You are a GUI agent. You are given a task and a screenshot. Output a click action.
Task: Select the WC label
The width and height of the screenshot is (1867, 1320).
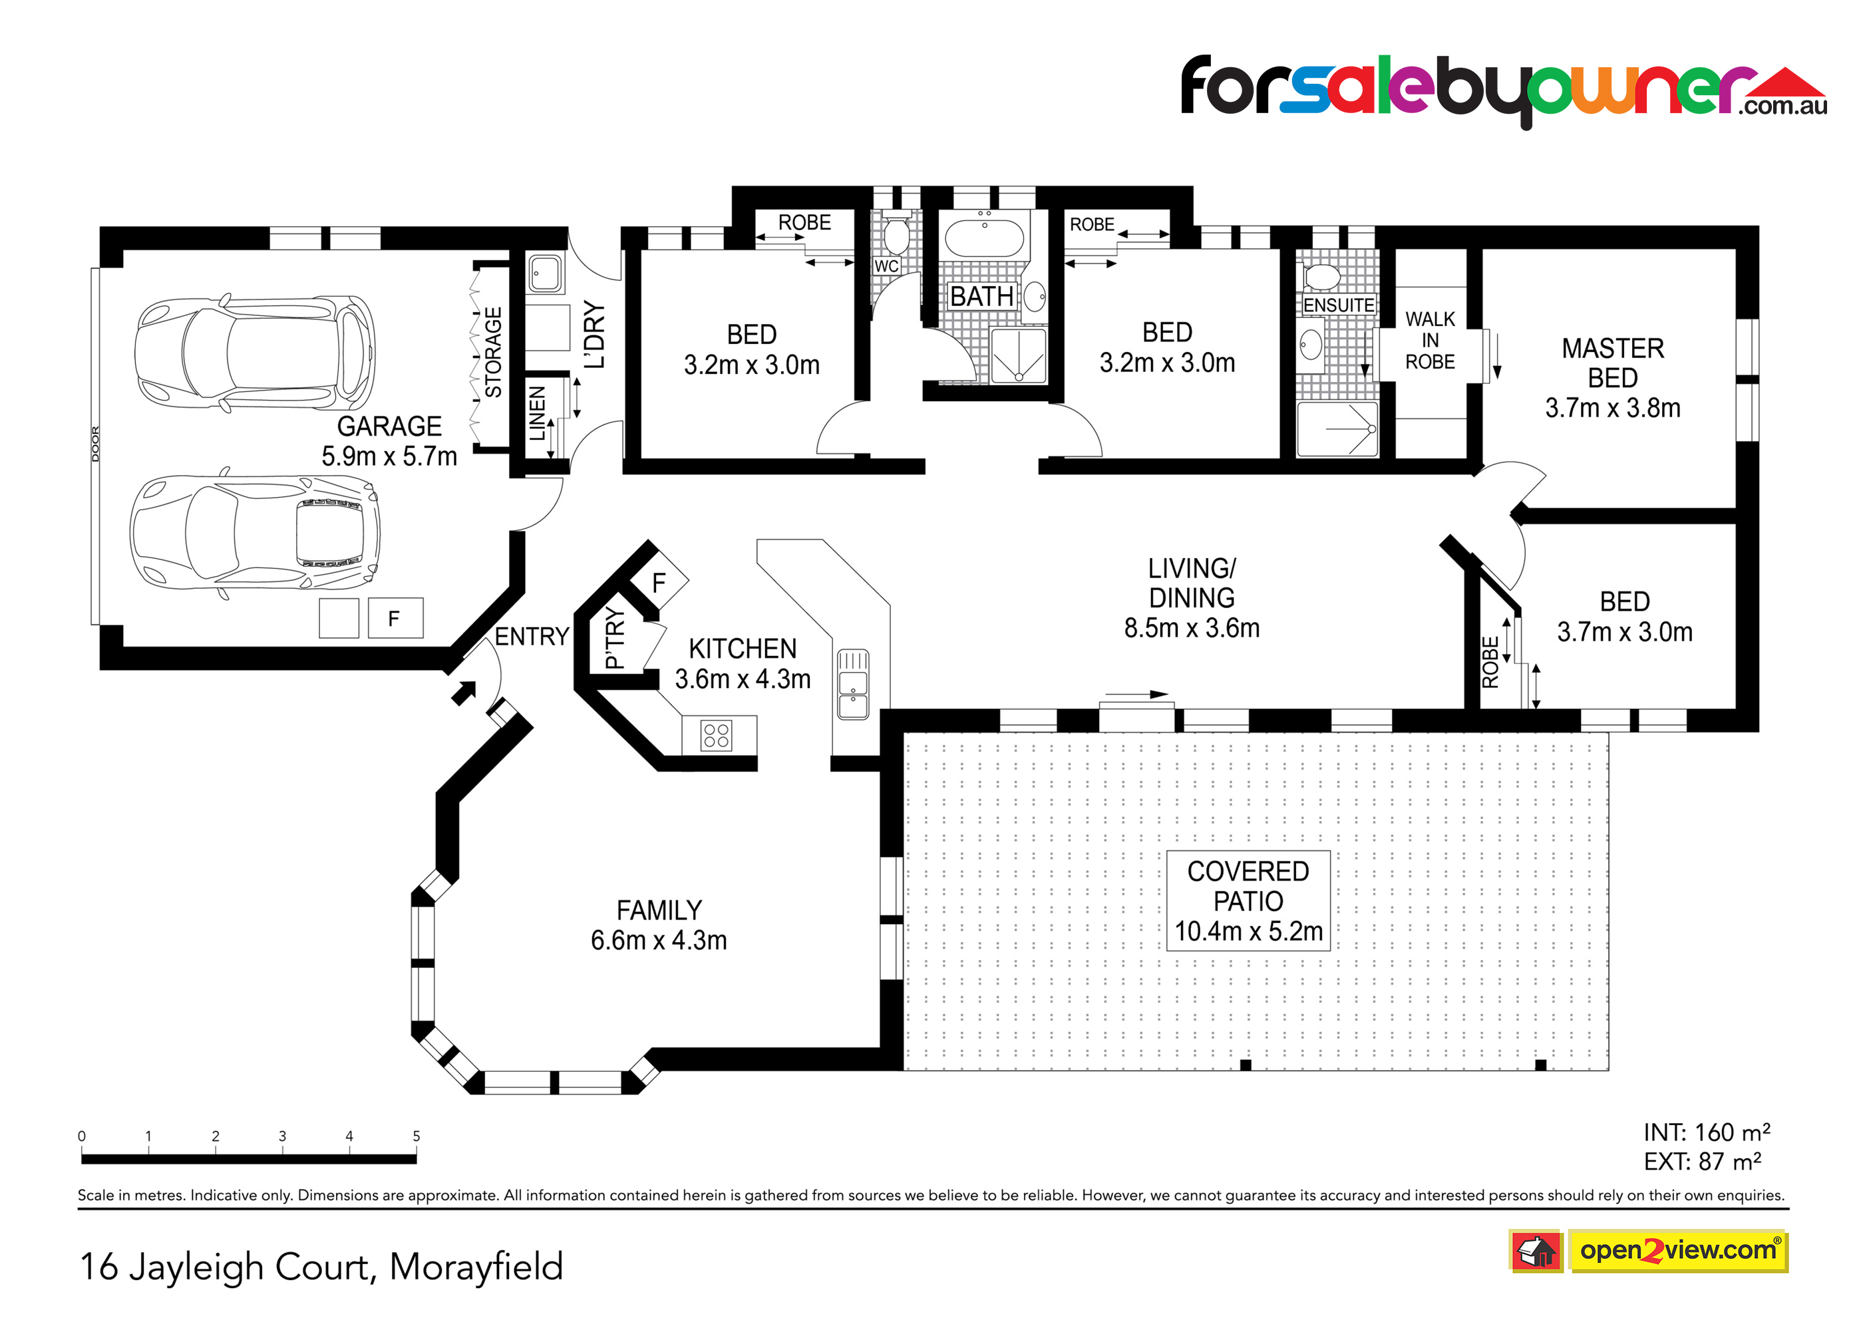tap(886, 266)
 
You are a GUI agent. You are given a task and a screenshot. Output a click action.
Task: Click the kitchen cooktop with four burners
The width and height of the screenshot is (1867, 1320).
tap(717, 736)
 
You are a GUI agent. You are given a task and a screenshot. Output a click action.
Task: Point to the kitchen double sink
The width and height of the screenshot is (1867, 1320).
tap(853, 684)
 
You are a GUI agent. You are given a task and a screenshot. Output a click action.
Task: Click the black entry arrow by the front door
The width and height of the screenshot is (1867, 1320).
tap(464, 692)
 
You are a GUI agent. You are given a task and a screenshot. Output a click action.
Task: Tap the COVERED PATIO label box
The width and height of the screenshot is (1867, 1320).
tap(1248, 900)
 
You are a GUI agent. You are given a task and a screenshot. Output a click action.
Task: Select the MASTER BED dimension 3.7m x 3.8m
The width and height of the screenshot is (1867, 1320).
tap(1612, 407)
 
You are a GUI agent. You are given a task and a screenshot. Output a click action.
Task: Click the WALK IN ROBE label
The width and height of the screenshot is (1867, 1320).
tap(1431, 340)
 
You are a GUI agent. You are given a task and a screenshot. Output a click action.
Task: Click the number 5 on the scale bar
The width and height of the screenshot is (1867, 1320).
tap(417, 1136)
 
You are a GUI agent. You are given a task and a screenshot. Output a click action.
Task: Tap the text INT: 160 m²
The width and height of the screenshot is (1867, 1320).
tap(1706, 1132)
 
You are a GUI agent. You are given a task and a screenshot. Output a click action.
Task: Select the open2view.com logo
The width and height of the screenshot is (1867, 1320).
tap(1678, 1250)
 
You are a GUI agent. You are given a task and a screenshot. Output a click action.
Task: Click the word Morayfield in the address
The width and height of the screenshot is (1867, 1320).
tap(476, 1266)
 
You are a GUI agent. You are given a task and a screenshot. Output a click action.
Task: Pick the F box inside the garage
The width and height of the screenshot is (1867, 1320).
tap(395, 618)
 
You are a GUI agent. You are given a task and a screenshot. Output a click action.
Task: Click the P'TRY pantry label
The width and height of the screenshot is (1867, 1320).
tap(615, 639)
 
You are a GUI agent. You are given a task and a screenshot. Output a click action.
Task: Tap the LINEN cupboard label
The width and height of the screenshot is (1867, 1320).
tap(538, 413)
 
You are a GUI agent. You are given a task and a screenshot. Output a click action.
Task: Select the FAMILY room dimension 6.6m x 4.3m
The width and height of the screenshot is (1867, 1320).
tap(659, 940)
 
